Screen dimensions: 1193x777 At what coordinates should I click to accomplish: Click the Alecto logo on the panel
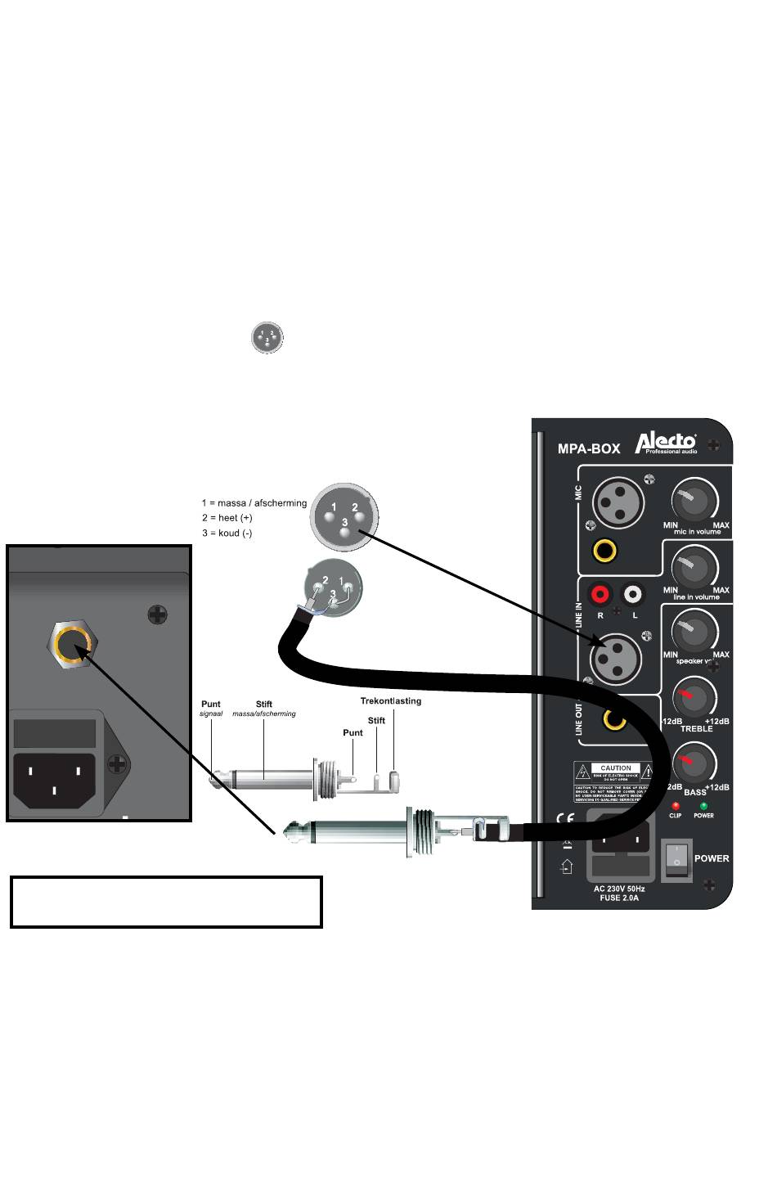coord(666,443)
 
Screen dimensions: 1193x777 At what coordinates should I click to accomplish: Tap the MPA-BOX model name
coord(589,448)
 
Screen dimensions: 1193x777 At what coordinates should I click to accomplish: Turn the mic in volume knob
coord(694,502)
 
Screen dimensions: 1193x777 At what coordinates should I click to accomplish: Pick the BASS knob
coord(694,763)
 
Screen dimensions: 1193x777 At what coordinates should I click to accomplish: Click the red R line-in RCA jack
coord(600,594)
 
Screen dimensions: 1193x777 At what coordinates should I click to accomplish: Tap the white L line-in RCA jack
coord(633,594)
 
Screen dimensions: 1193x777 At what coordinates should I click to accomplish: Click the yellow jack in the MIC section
coord(605,550)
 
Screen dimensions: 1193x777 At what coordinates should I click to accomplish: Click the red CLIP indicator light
coord(676,807)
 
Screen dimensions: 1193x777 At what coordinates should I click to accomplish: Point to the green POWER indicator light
coord(703,807)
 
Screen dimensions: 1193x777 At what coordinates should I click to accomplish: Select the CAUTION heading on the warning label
coord(616,768)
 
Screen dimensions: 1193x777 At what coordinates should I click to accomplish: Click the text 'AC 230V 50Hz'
coord(619,889)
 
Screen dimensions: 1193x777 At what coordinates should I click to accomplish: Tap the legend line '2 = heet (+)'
coord(227,518)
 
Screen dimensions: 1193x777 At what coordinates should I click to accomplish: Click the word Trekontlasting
coord(391,701)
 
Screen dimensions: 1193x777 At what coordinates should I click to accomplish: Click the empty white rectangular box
coord(166,902)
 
